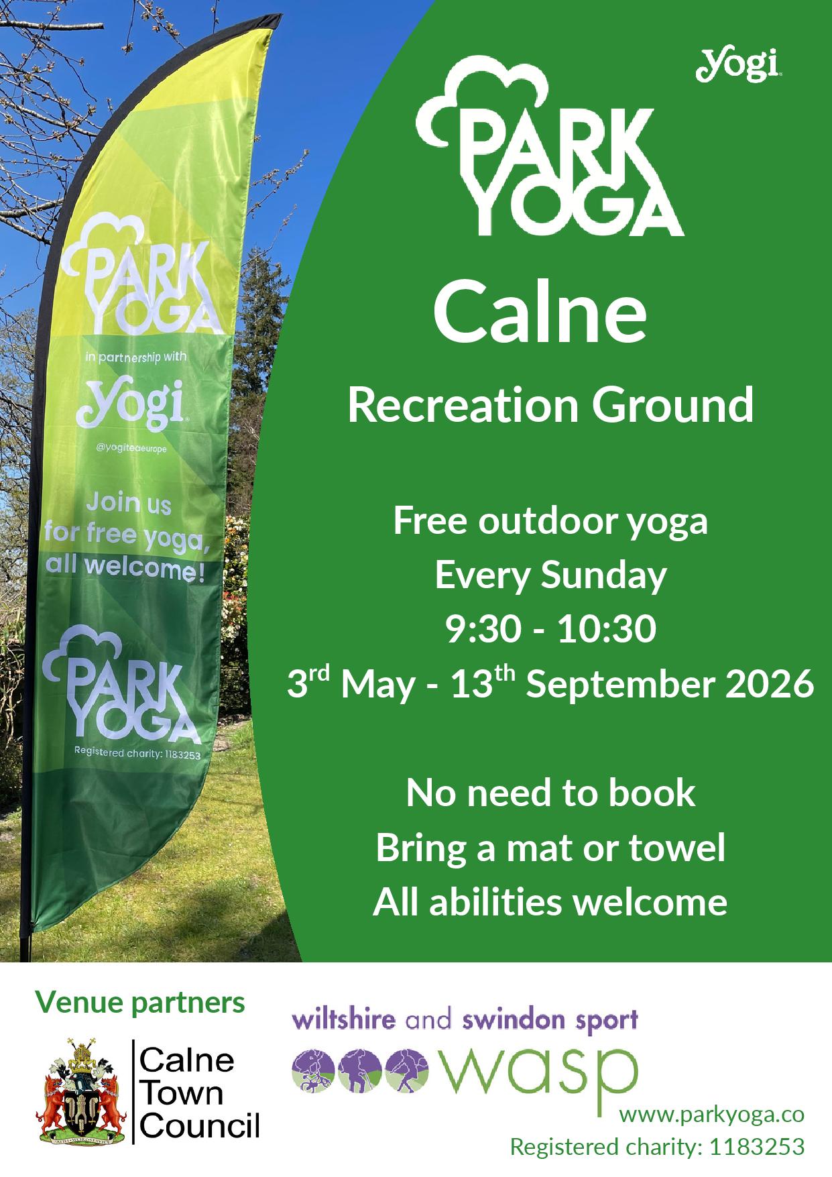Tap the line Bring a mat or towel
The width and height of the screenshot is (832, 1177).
click(x=550, y=848)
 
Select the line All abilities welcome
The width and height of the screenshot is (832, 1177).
click(x=550, y=902)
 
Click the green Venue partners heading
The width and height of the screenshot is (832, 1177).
click(x=140, y=1003)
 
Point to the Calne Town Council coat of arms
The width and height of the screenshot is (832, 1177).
click(x=80, y=1091)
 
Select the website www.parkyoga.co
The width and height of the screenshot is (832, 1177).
click(x=711, y=1115)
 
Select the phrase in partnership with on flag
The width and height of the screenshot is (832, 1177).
click(x=137, y=357)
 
